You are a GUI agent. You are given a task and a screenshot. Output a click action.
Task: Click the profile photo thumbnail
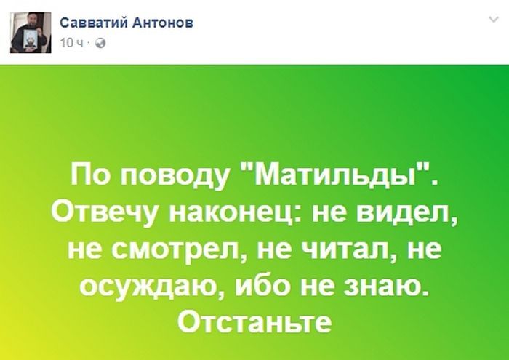31,33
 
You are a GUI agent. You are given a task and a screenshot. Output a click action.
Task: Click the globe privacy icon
100,43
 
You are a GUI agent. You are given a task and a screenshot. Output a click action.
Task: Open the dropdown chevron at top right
494,20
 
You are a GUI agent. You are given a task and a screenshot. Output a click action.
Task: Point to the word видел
406,212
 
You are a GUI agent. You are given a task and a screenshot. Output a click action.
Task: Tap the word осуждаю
152,287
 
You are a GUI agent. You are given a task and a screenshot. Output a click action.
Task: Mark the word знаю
385,285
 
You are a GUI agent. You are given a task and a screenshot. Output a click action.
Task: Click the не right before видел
329,214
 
